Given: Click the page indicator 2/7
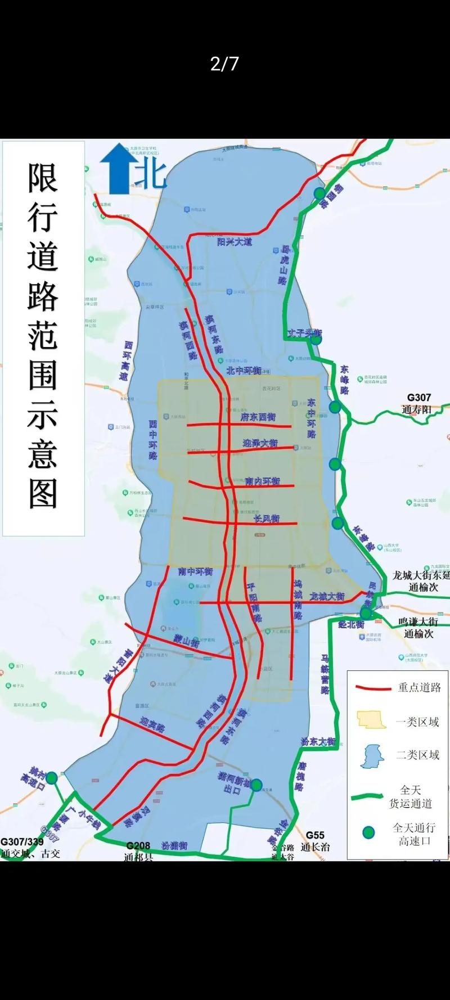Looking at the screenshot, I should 224,64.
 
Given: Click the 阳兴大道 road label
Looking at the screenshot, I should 235,242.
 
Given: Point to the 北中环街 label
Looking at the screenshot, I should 244,371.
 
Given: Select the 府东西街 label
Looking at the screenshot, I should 258,417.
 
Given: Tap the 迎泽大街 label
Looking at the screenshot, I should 260,443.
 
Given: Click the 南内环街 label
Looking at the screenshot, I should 263,481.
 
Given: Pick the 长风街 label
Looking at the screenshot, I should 267,518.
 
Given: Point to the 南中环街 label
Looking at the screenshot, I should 195,571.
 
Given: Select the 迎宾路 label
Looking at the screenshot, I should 152,724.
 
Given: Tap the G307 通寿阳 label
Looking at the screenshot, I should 418,403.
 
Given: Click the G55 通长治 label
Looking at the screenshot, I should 315,841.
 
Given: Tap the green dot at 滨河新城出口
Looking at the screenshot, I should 256,785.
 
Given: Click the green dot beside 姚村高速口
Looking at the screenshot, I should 51,778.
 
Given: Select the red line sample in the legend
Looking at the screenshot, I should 372,687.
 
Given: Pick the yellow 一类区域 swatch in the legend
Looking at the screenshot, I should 371,720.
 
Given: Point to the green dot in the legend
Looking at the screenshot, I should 368,832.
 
